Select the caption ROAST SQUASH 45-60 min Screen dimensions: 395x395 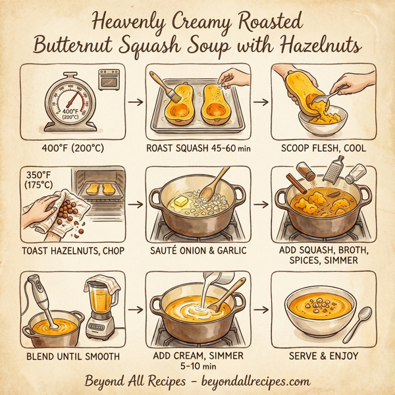[197, 148]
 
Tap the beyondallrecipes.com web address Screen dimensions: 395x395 [256, 381]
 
